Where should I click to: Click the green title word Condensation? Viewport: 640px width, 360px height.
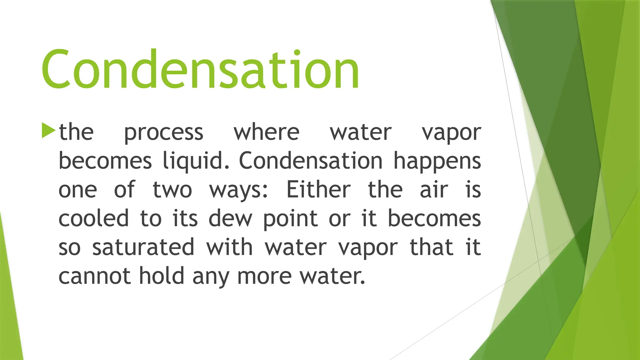[200, 69]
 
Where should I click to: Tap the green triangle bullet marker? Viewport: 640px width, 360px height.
[48, 130]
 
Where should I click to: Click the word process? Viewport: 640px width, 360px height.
[164, 132]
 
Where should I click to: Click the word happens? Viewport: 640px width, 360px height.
[437, 161]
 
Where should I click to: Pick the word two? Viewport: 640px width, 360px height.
[172, 190]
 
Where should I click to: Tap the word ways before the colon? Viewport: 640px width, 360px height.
[237, 190]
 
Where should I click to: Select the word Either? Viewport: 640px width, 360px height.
[318, 190]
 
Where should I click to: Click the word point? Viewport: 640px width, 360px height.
[290, 219]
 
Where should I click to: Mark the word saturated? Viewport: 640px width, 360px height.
[143, 247]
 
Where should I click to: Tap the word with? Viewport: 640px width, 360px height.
[229, 247]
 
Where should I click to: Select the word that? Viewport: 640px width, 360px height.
[431, 247]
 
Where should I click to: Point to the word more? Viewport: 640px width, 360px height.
[264, 276]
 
